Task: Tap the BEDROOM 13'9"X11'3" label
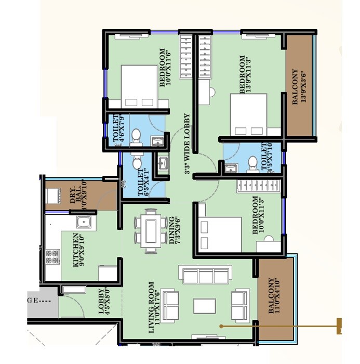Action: point(245,75)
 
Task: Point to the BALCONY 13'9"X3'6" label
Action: point(298,87)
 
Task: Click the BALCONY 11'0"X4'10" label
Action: point(274,297)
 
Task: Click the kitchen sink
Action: point(84,223)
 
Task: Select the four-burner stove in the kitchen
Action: point(52,257)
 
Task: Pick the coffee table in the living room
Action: point(204,305)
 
